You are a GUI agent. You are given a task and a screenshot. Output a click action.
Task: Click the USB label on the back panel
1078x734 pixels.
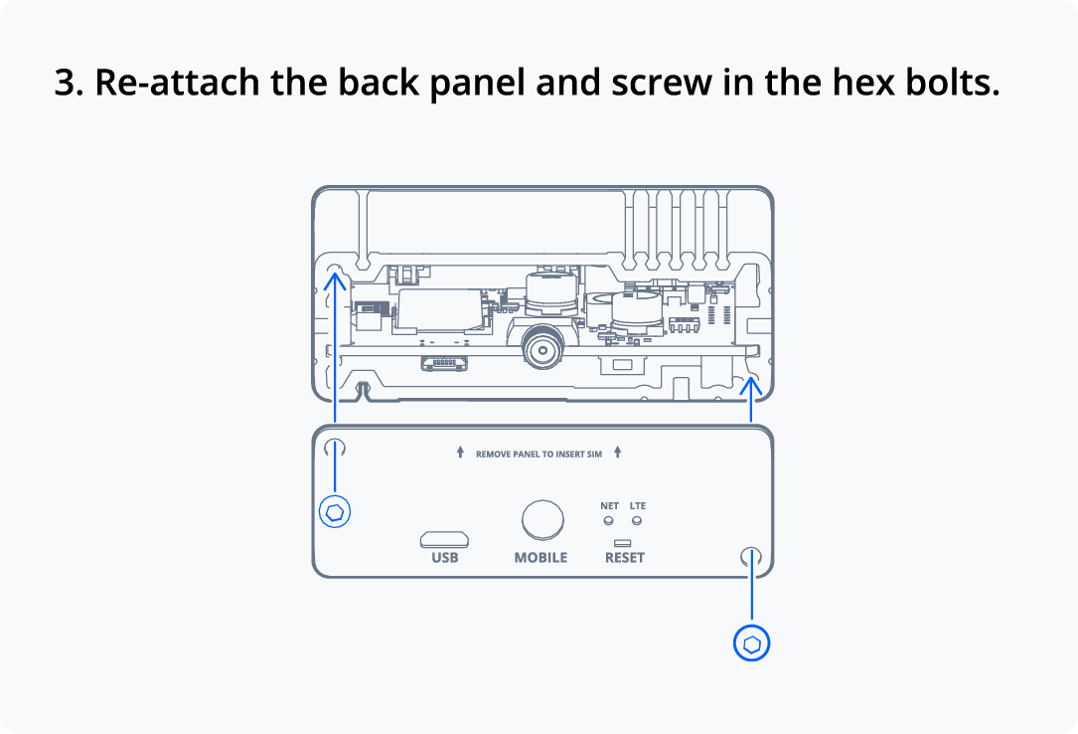(x=445, y=557)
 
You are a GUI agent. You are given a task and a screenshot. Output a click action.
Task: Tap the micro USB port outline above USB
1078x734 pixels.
(x=444, y=539)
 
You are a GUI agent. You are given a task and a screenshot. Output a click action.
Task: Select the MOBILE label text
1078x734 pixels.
(x=541, y=557)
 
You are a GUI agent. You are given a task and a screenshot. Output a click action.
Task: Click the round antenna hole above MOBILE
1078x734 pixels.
(x=542, y=520)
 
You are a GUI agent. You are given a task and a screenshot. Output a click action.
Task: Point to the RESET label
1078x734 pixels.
(x=625, y=557)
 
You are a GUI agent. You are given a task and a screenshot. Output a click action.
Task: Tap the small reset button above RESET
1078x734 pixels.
(x=623, y=543)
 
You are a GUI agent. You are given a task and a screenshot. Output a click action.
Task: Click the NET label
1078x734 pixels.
(x=610, y=505)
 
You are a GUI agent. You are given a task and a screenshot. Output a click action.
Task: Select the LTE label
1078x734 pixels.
(x=638, y=505)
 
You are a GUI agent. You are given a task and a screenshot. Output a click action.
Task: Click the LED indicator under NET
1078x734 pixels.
(x=608, y=520)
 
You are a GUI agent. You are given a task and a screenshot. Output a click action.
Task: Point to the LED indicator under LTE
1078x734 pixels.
(x=637, y=520)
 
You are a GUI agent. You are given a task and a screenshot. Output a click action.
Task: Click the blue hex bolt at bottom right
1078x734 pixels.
(x=751, y=643)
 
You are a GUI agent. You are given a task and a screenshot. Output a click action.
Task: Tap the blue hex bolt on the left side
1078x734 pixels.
(x=335, y=512)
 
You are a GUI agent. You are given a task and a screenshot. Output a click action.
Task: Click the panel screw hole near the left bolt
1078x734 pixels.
(x=334, y=449)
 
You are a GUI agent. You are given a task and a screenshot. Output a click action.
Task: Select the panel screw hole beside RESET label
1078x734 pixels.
(x=751, y=557)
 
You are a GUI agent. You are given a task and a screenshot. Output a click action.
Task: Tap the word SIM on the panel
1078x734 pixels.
(x=595, y=454)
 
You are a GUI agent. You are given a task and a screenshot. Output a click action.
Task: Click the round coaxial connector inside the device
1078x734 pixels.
(x=543, y=350)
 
